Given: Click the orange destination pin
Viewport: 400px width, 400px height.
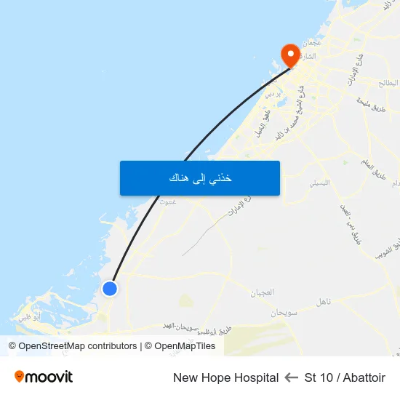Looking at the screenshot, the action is pos(290,55).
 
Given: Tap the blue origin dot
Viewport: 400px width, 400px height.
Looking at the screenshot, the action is pos(110,289).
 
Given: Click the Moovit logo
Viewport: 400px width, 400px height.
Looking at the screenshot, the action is pos(44,377).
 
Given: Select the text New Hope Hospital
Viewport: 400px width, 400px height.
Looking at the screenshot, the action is pos(225,377).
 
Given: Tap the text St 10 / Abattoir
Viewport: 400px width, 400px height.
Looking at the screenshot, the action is pos(345,377).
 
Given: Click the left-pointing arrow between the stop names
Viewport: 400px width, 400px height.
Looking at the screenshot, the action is pos(292,377).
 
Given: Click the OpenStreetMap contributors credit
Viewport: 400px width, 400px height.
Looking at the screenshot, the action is pos(73,346).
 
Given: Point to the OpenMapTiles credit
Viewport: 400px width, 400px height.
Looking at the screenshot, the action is pos(180,346).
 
